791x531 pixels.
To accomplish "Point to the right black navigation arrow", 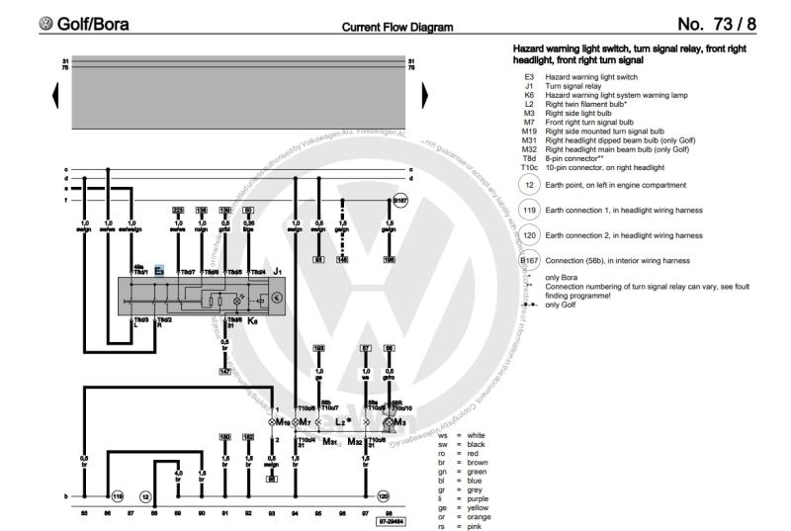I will coord(424,95).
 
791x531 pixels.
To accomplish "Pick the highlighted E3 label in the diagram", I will coord(159,269).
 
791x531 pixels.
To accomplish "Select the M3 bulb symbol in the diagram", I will coord(396,422).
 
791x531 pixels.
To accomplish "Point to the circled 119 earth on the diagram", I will coord(117,495).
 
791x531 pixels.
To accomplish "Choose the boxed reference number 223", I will coord(178,210).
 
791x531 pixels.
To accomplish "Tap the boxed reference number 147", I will coord(225,372).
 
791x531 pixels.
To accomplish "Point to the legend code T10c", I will coord(528,167).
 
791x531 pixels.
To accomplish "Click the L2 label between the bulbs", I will coord(342,422).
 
